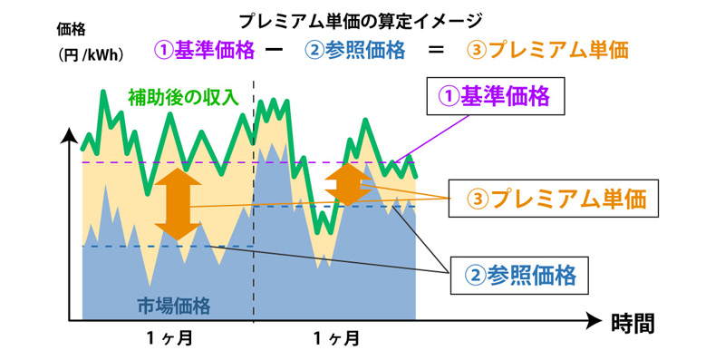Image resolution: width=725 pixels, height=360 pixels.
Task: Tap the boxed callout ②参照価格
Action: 520,271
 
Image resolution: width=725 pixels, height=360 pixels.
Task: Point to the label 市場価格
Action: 173,306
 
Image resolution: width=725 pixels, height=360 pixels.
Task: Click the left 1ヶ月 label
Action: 169,339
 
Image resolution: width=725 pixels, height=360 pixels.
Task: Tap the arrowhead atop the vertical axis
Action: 69,137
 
